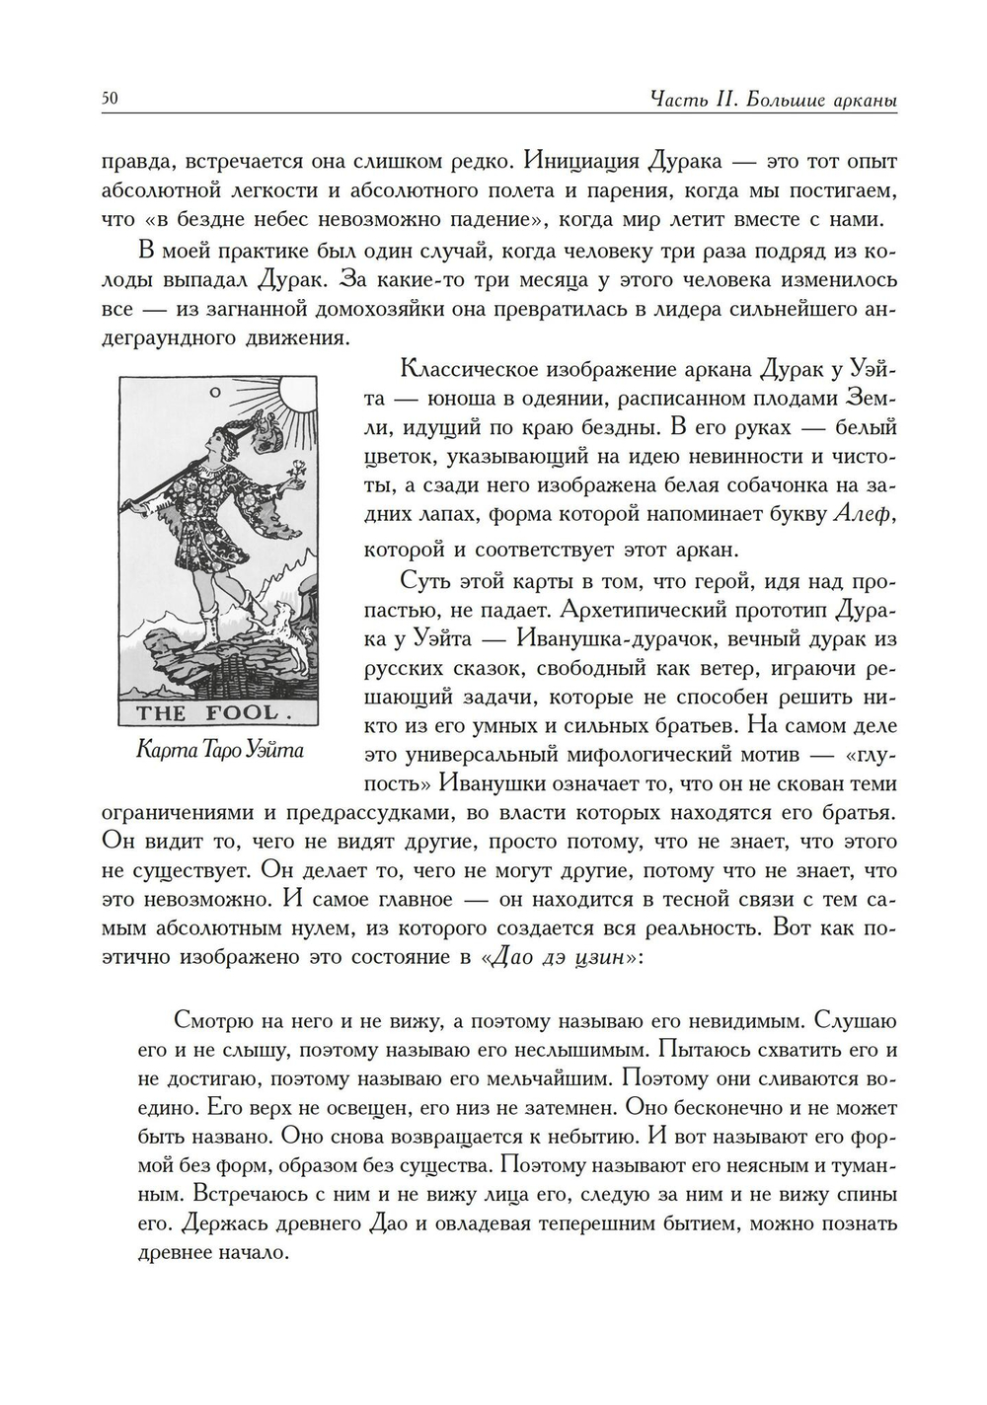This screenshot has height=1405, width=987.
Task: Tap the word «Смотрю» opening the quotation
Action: pos(211,1019)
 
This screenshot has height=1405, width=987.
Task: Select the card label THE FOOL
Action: pos(214,713)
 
